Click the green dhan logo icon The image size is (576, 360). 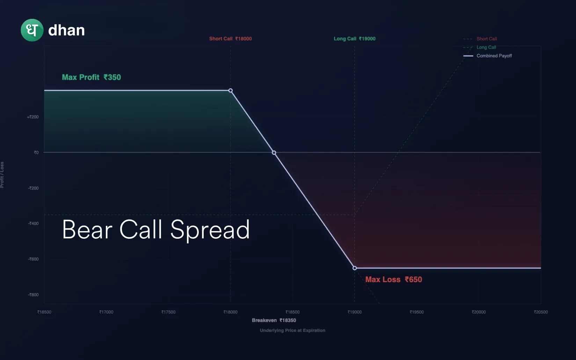coord(32,30)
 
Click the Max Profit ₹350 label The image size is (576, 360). coord(91,77)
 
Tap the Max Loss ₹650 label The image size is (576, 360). coord(393,280)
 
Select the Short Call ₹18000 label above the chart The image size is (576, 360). coord(230,39)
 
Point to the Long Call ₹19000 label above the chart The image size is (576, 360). coord(354,39)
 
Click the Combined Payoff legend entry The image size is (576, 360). coord(494,56)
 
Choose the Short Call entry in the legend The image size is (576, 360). coord(486,39)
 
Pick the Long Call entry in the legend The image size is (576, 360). coord(486,47)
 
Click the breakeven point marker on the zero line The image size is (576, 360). coord(274,153)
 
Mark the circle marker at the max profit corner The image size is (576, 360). coord(231,91)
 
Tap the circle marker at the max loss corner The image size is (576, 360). coord(355,268)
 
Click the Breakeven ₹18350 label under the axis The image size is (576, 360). coord(274,320)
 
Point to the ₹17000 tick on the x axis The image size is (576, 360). coord(106,312)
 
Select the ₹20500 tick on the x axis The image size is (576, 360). coord(541,312)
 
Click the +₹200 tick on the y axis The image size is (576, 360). coord(33,117)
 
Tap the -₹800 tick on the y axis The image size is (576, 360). coord(33,295)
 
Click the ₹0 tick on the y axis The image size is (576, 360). coord(36,153)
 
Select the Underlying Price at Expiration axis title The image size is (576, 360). coord(292,330)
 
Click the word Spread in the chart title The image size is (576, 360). coord(210,230)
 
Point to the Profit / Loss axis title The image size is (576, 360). coord(2,175)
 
